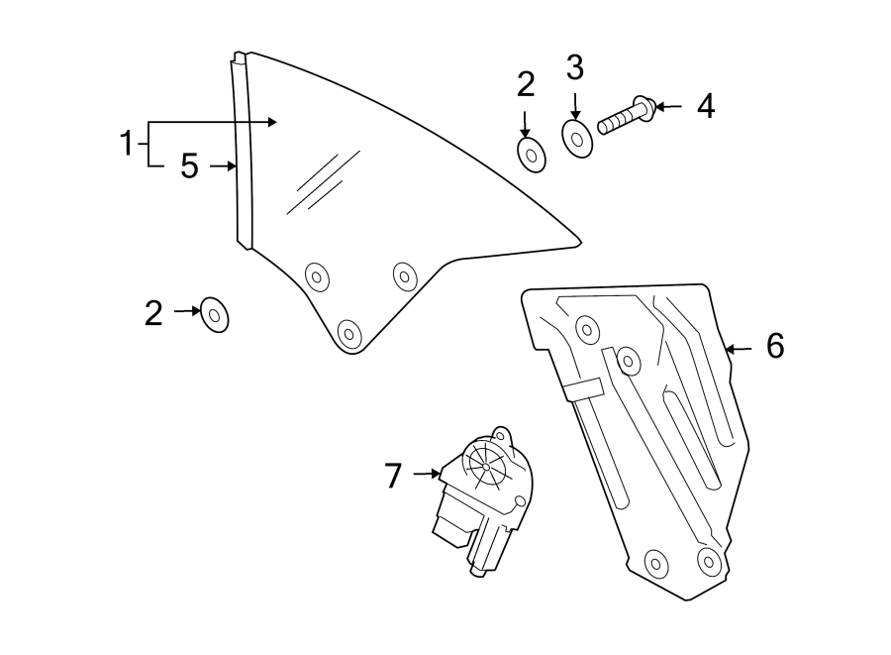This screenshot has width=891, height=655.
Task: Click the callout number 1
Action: (127, 145)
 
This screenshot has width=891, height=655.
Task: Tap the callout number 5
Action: (189, 166)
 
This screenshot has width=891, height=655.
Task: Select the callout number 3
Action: (575, 68)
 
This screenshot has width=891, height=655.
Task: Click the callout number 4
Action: (705, 106)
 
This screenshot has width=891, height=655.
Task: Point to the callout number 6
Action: (774, 346)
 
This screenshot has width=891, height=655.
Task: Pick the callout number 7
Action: (393, 477)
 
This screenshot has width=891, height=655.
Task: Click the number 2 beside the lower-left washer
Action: (152, 314)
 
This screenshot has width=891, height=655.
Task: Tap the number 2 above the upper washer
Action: (526, 85)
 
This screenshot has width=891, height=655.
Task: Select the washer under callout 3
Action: (577, 138)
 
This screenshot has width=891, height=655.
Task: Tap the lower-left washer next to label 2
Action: (214, 315)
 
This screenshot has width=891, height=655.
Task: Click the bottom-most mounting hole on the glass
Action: (347, 334)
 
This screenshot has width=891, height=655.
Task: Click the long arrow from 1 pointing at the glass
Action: (213, 122)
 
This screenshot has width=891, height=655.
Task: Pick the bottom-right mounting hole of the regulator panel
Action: (707, 561)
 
